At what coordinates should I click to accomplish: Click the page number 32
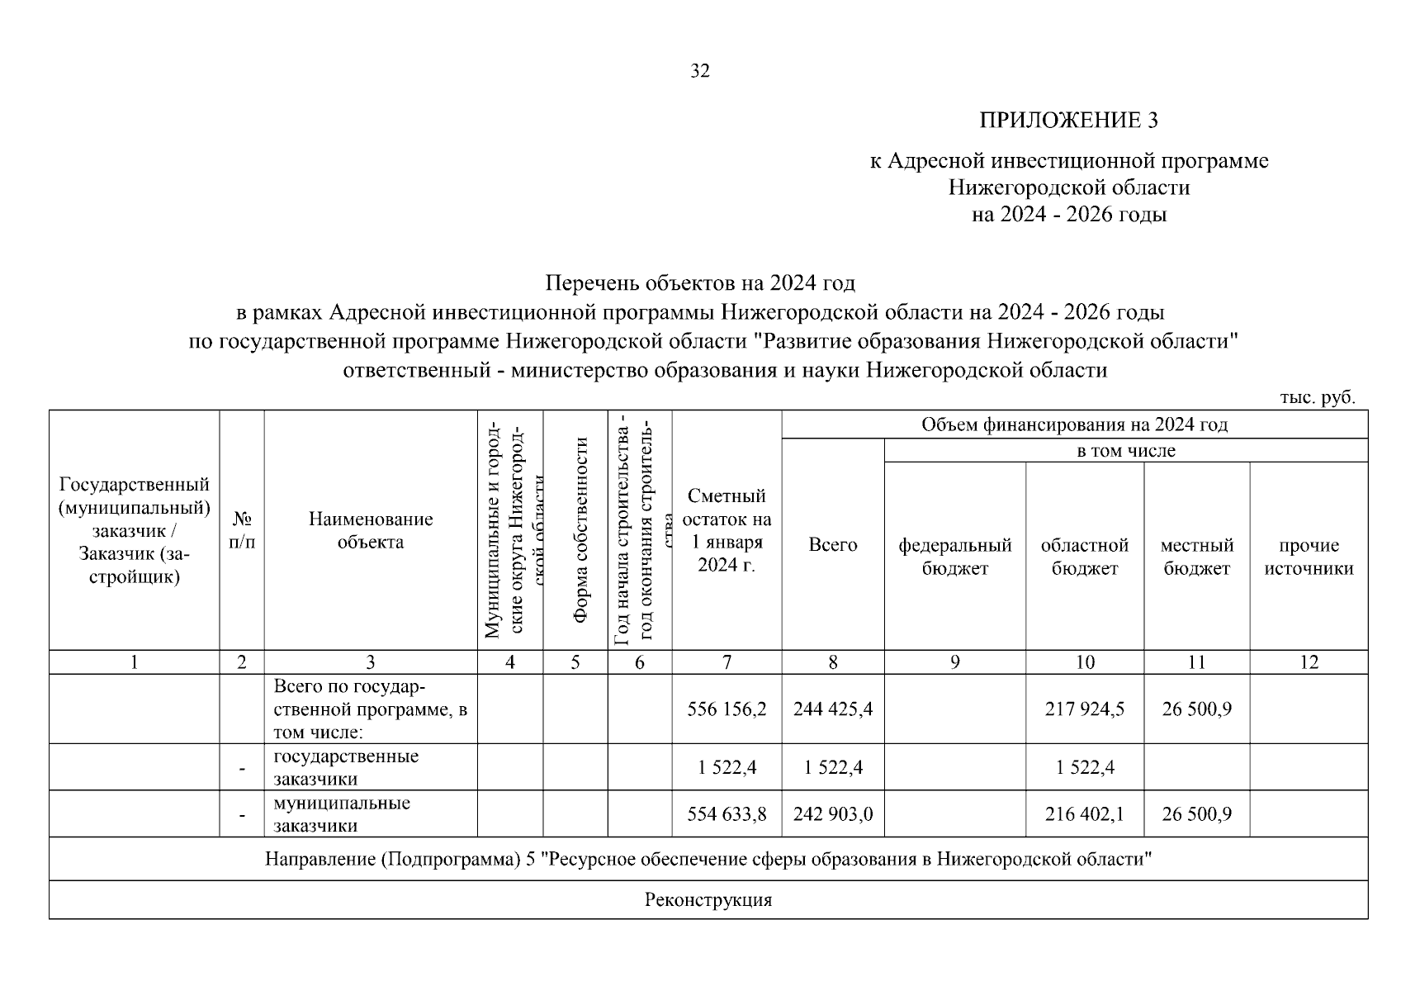pyautogui.click(x=699, y=71)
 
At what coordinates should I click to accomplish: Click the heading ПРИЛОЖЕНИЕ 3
pyautogui.click(x=1068, y=121)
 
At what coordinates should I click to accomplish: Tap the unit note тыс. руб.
pyautogui.click(x=1317, y=397)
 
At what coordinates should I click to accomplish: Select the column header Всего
pyautogui.click(x=832, y=545)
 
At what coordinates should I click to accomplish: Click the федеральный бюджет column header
pyautogui.click(x=954, y=557)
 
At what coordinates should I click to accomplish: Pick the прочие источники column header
pyautogui.click(x=1309, y=557)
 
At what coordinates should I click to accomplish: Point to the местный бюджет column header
pyautogui.click(x=1196, y=557)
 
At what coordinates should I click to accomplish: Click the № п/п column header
pyautogui.click(x=241, y=531)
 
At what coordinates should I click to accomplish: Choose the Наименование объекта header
pyautogui.click(x=371, y=530)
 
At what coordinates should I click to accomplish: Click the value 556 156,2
pyautogui.click(x=727, y=709)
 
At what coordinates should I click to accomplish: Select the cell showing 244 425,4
pyautogui.click(x=832, y=709)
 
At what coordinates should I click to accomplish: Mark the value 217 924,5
pyautogui.click(x=1084, y=709)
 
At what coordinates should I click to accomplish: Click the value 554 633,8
pyautogui.click(x=727, y=814)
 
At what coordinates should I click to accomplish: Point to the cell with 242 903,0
pyautogui.click(x=832, y=814)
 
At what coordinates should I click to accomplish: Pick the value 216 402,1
pyautogui.click(x=1084, y=814)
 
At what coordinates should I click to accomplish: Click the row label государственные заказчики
pyautogui.click(x=346, y=767)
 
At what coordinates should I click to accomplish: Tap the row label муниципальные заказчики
pyautogui.click(x=342, y=814)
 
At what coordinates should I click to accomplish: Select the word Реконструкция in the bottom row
pyautogui.click(x=708, y=900)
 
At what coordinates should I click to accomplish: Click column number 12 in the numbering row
pyautogui.click(x=1309, y=662)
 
